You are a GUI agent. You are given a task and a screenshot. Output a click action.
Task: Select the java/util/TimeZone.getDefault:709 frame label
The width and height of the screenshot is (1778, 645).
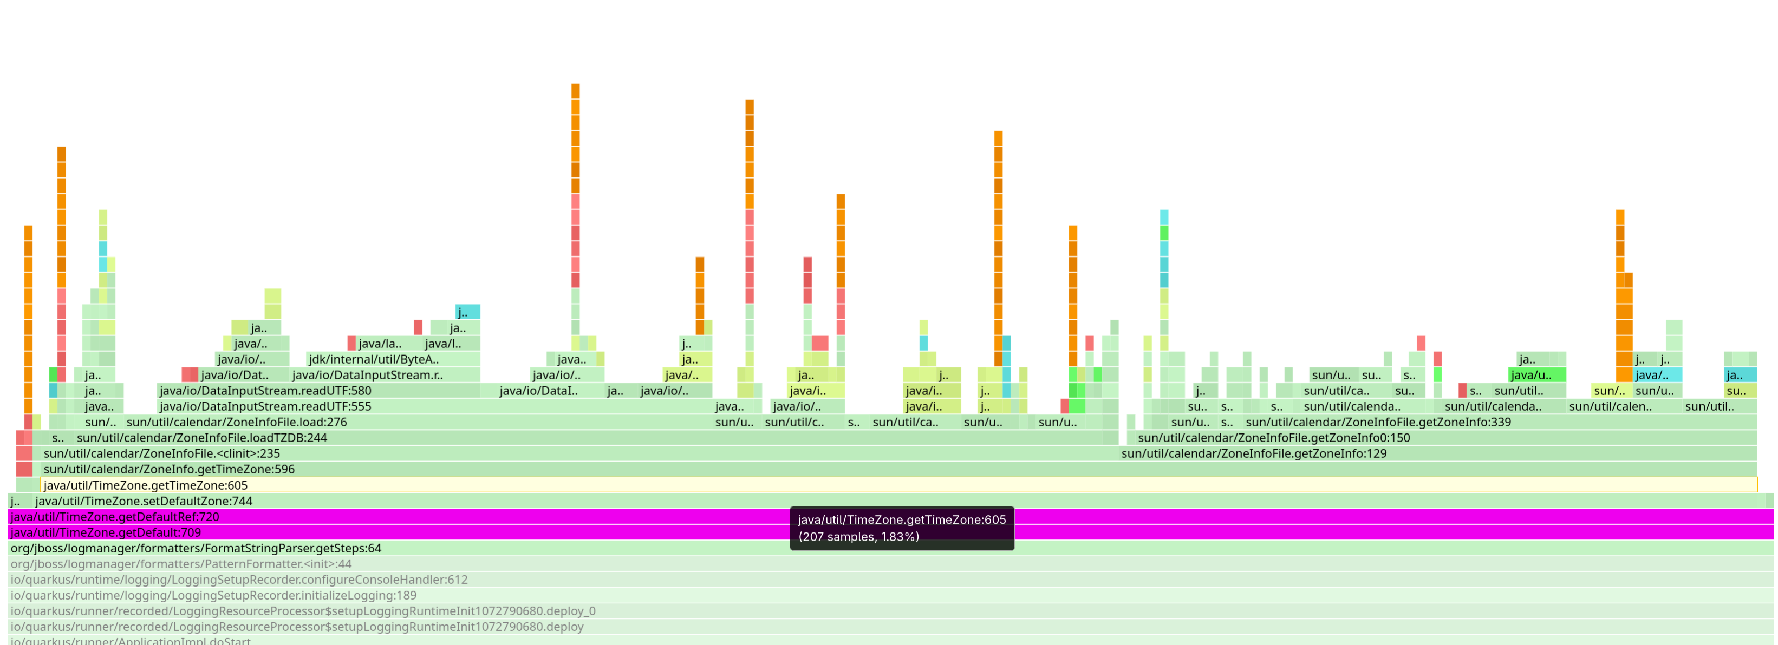click(106, 532)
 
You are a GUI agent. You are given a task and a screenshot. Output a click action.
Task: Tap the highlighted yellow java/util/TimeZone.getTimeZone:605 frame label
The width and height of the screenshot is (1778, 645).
click(145, 485)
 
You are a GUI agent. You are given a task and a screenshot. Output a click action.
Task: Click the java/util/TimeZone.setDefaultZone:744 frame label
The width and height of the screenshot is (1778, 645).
click(144, 501)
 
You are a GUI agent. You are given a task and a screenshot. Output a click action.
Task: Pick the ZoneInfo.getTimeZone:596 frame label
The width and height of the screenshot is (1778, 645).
click(168, 469)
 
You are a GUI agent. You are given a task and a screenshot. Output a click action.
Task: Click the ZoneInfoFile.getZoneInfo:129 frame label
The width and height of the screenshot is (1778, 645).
click(1253, 453)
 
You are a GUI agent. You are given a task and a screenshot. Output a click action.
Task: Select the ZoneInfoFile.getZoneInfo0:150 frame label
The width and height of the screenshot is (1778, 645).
click(1273, 437)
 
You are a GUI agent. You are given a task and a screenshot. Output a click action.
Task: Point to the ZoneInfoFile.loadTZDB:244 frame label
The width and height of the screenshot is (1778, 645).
click(201, 437)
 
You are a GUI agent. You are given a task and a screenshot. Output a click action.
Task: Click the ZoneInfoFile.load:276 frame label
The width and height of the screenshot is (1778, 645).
click(236, 422)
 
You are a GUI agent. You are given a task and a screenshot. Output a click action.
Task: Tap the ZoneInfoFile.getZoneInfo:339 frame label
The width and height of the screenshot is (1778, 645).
click(1378, 422)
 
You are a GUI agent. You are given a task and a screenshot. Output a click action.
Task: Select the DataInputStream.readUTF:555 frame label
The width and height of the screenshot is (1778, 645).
click(265, 406)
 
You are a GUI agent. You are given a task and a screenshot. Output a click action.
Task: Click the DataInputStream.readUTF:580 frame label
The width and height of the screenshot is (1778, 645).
click(265, 391)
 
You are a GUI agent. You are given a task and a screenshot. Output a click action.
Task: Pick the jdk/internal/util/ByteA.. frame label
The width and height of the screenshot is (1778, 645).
click(373, 359)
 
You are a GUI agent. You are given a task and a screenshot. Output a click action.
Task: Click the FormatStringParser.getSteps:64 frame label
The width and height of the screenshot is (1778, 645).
click(196, 549)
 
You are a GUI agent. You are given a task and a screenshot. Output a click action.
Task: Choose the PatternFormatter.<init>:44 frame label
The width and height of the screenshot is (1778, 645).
click(181, 564)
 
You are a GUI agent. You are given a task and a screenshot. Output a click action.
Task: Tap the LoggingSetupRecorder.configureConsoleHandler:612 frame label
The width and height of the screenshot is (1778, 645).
click(239, 580)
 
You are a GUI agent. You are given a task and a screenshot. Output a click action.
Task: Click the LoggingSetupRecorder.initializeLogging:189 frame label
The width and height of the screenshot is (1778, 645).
click(213, 595)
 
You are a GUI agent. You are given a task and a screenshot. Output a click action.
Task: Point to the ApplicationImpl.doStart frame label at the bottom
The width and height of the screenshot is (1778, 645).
click(131, 641)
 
